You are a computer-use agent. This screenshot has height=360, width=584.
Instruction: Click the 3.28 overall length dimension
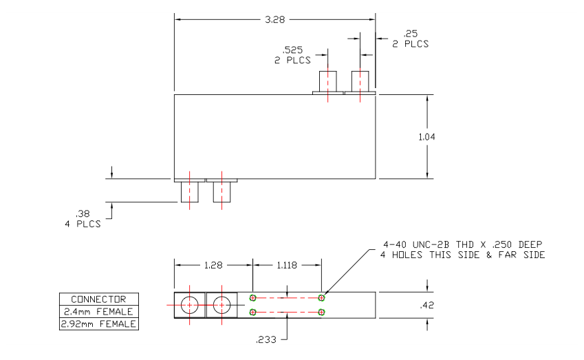(x=274, y=19)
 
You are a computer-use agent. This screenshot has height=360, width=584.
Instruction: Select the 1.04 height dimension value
(x=427, y=136)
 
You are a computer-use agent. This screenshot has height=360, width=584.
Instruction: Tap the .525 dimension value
(x=294, y=50)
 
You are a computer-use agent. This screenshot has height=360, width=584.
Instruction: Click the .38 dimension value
(x=83, y=213)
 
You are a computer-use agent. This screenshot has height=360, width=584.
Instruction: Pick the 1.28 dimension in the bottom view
(x=213, y=264)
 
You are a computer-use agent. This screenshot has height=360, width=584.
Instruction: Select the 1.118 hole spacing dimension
(x=287, y=264)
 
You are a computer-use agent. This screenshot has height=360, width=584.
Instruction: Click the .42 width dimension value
(x=427, y=302)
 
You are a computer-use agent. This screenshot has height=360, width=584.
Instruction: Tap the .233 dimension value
(x=266, y=339)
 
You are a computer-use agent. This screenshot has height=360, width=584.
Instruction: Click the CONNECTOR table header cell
(x=98, y=299)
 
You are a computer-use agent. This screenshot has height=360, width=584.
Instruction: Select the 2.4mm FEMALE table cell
(x=98, y=311)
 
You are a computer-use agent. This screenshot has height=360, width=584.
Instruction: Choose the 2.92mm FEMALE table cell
(x=98, y=324)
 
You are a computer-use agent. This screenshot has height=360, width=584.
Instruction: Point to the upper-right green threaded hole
(x=322, y=297)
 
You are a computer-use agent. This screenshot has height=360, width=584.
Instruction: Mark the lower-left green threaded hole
(x=253, y=313)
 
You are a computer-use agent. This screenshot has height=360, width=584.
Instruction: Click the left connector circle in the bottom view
(x=188, y=304)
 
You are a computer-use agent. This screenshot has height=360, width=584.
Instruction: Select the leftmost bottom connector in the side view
(x=188, y=191)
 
